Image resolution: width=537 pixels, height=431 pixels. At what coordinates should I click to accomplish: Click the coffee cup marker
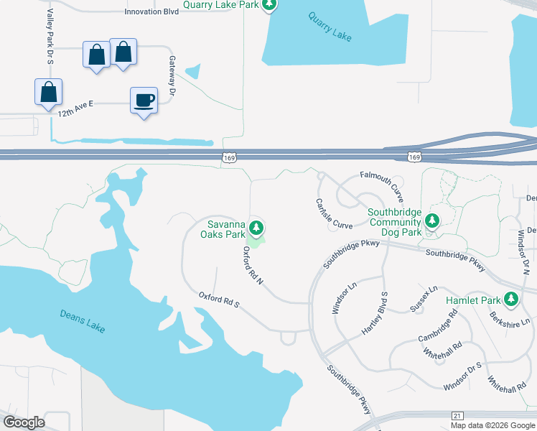pyautogui.click(x=144, y=100)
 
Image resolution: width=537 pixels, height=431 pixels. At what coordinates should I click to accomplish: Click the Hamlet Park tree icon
pyautogui.click(x=511, y=298)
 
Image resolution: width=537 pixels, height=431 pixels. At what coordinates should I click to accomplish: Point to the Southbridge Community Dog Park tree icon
pyautogui.click(x=431, y=220)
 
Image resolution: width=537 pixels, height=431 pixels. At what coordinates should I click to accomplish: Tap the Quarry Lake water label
pyautogui.click(x=330, y=27)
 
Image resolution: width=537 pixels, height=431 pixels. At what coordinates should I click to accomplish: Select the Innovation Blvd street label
pyautogui.click(x=151, y=12)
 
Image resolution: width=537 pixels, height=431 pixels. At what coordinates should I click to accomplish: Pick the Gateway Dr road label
pyautogui.click(x=172, y=75)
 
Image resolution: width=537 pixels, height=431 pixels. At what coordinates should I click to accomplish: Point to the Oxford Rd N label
pyautogui.click(x=253, y=266)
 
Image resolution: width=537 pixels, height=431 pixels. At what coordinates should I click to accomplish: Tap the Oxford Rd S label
pyautogui.click(x=219, y=300)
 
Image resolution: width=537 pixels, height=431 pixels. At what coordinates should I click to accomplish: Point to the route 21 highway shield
pyautogui.click(x=457, y=415)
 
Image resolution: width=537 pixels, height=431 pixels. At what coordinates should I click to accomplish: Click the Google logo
pyautogui.click(x=24, y=422)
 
